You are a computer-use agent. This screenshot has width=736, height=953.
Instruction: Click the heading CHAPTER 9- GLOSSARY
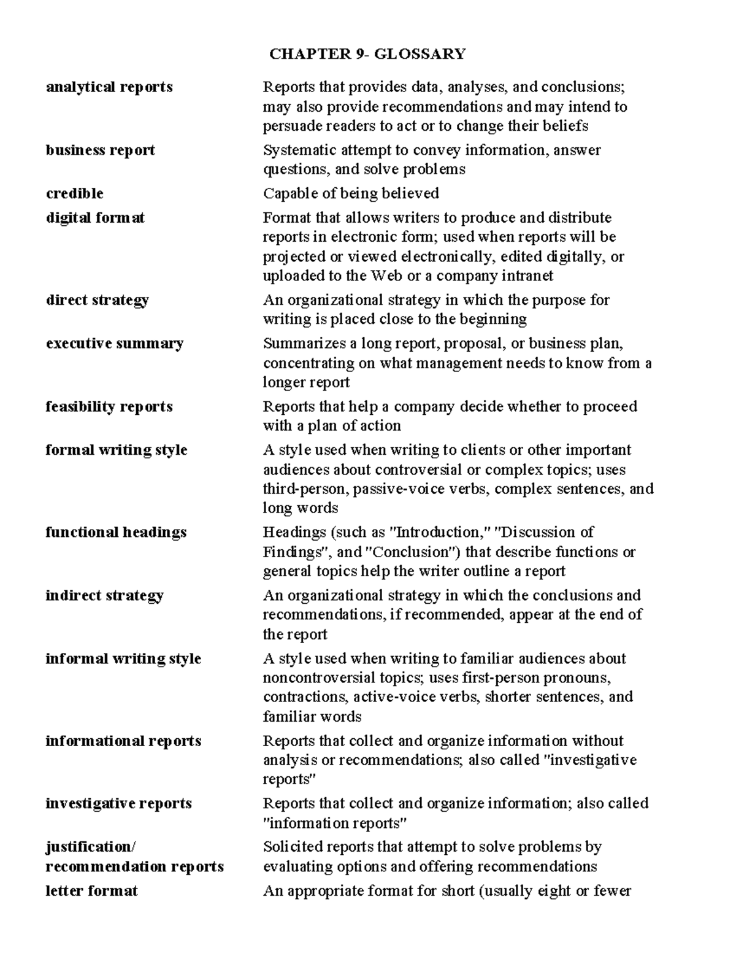[x=367, y=54]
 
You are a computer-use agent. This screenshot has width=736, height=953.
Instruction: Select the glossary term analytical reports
[x=109, y=87]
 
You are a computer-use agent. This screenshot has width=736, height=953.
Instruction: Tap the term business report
[x=100, y=150]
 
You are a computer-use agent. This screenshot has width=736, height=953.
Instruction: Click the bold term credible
[x=74, y=193]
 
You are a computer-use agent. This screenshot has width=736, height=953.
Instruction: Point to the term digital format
[x=95, y=218]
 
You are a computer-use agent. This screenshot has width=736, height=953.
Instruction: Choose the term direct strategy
[x=97, y=300]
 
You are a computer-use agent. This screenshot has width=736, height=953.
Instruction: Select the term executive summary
[x=114, y=343]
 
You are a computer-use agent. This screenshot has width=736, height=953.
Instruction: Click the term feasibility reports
[x=109, y=406]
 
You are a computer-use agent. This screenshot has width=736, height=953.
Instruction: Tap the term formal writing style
[x=117, y=450]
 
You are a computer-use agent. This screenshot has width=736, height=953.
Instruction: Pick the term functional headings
[x=116, y=532]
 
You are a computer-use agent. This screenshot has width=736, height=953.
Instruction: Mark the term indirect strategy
[x=104, y=595]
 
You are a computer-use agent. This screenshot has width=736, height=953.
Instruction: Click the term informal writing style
[x=123, y=658]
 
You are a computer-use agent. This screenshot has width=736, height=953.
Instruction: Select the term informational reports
[x=123, y=741]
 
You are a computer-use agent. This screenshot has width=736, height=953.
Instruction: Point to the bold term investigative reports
[x=118, y=803]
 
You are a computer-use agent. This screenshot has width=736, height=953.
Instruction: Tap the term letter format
[x=91, y=890]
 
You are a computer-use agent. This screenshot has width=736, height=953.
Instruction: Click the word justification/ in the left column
[x=91, y=847]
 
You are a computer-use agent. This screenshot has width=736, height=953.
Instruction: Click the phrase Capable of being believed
[x=351, y=193]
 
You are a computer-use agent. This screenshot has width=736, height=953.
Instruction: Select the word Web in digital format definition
[x=386, y=276]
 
